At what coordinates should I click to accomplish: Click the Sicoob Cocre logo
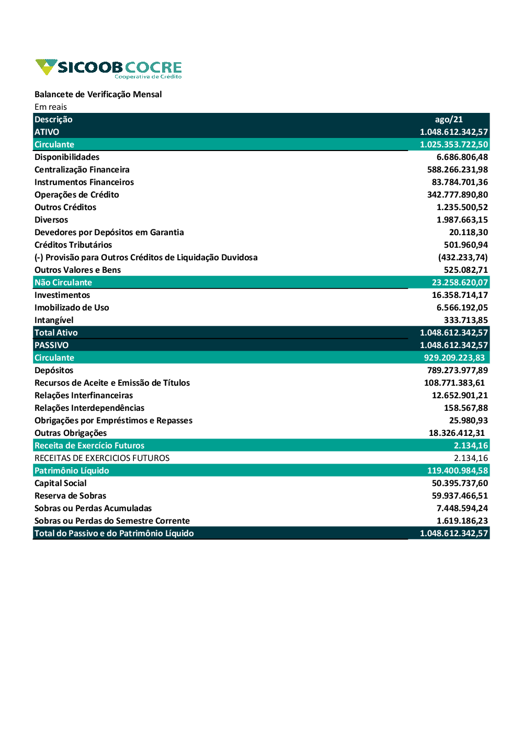coord(109,68)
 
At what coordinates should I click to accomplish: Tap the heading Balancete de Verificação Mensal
coord(98,95)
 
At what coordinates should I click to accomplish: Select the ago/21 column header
coord(449,120)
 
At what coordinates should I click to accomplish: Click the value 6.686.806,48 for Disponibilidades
coord(462,157)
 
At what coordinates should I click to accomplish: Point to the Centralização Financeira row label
coord(82,170)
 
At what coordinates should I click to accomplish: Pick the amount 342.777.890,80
coord(457,195)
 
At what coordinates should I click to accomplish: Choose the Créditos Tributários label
coord(73,245)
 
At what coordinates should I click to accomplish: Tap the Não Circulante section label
coord(63,283)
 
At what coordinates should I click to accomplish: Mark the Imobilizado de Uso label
coord(72,308)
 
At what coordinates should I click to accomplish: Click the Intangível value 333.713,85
coord(465,320)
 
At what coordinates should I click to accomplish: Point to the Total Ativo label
coord(56,333)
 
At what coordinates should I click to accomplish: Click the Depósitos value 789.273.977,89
coord(457,371)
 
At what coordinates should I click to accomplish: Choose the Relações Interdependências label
coord(89,408)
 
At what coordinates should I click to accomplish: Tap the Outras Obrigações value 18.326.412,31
coord(457,433)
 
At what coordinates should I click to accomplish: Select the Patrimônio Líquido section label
coord(72,471)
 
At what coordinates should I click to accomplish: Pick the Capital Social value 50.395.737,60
coord(460,483)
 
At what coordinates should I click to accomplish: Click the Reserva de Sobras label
coord(70,496)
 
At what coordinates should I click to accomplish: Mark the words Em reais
coord(51,107)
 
